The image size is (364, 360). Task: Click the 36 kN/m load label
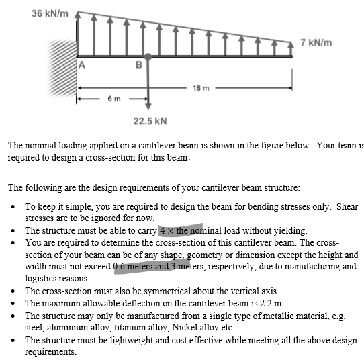[x=50, y=14]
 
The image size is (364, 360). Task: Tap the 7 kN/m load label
[x=316, y=43]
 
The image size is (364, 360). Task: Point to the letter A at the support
[x=83, y=65]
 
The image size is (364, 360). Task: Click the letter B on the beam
[x=138, y=65]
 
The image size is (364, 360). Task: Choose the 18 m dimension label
[x=201, y=88]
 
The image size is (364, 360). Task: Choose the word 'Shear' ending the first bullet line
[x=347, y=206]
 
